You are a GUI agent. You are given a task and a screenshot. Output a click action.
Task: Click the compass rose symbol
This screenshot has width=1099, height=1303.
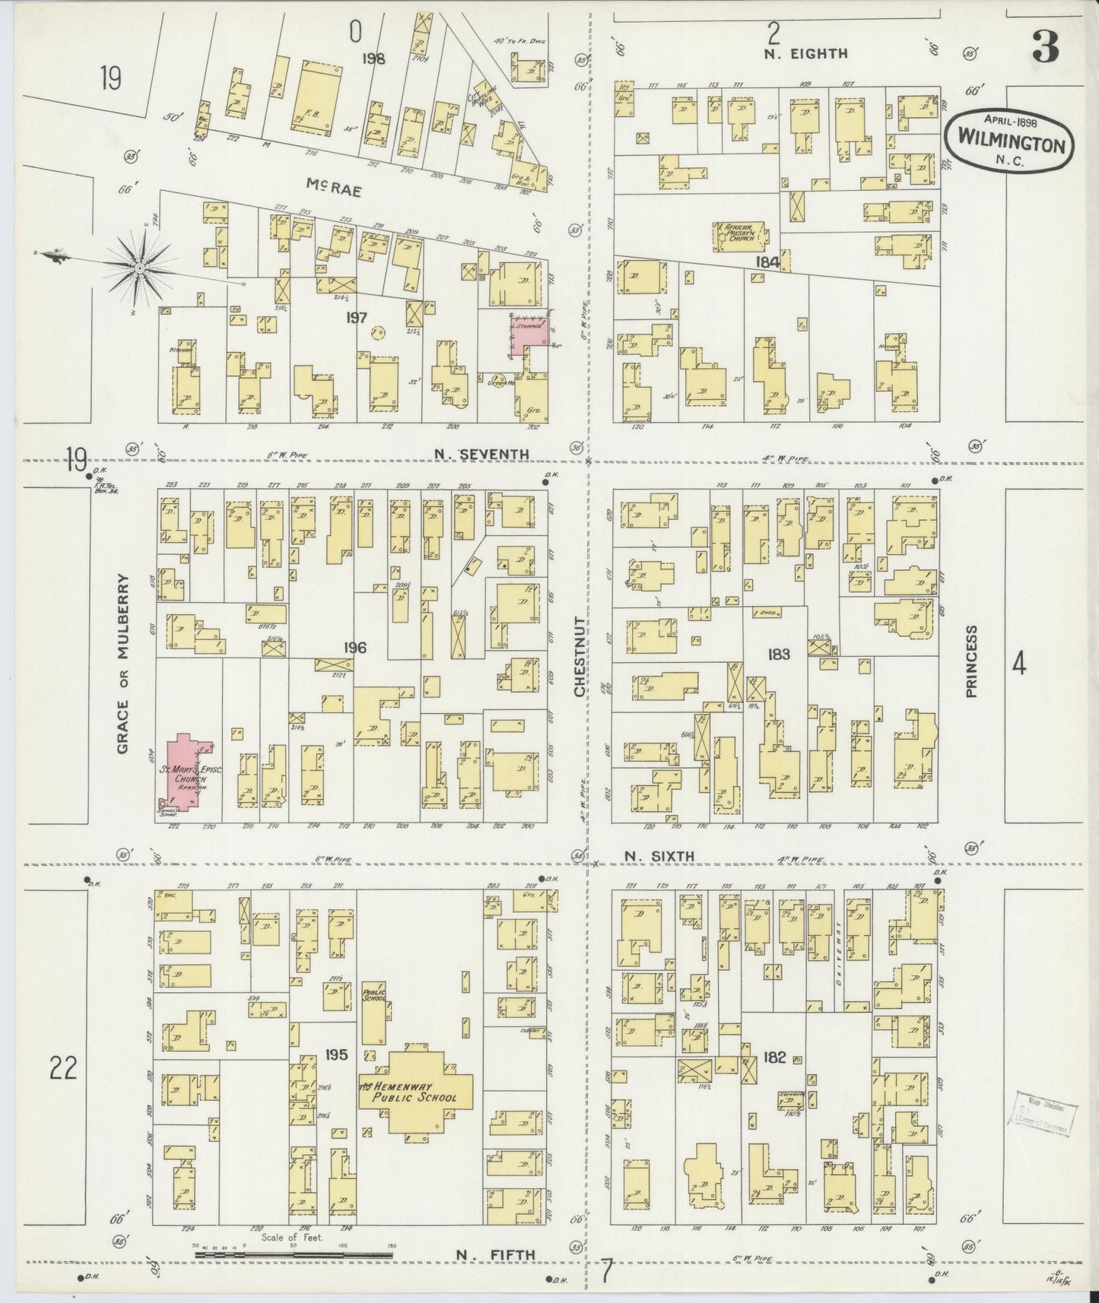point(141,268)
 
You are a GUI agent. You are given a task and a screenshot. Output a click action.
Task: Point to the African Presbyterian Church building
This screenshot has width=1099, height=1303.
point(738,235)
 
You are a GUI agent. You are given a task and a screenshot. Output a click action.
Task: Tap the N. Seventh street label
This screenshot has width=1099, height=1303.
point(480,455)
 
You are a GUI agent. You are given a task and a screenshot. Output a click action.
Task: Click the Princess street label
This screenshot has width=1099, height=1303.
point(971,661)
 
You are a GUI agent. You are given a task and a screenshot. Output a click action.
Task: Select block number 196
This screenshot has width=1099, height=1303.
point(354,648)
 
